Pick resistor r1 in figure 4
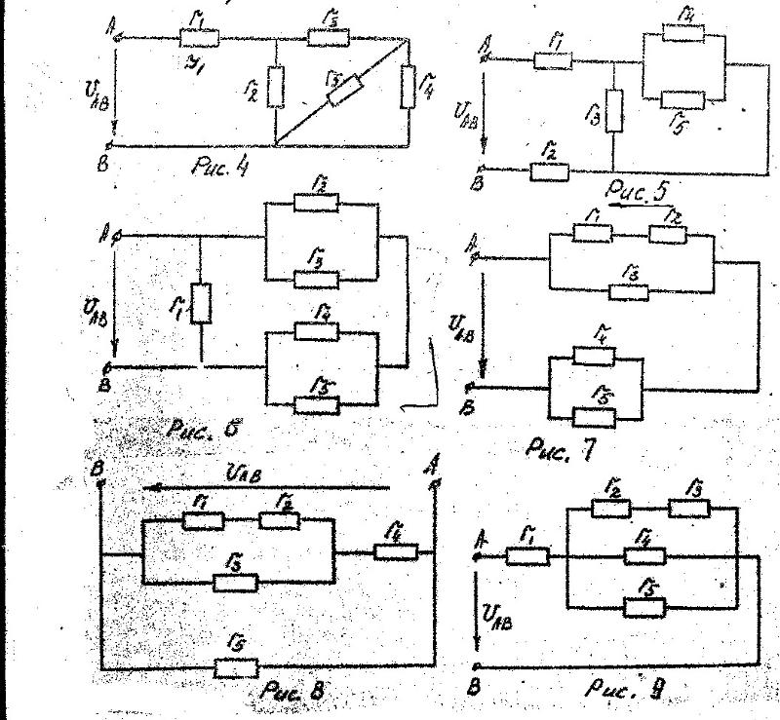click(x=199, y=39)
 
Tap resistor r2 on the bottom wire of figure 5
click(x=549, y=172)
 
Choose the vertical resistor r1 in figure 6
click(x=201, y=303)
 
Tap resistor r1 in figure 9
click(x=529, y=556)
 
